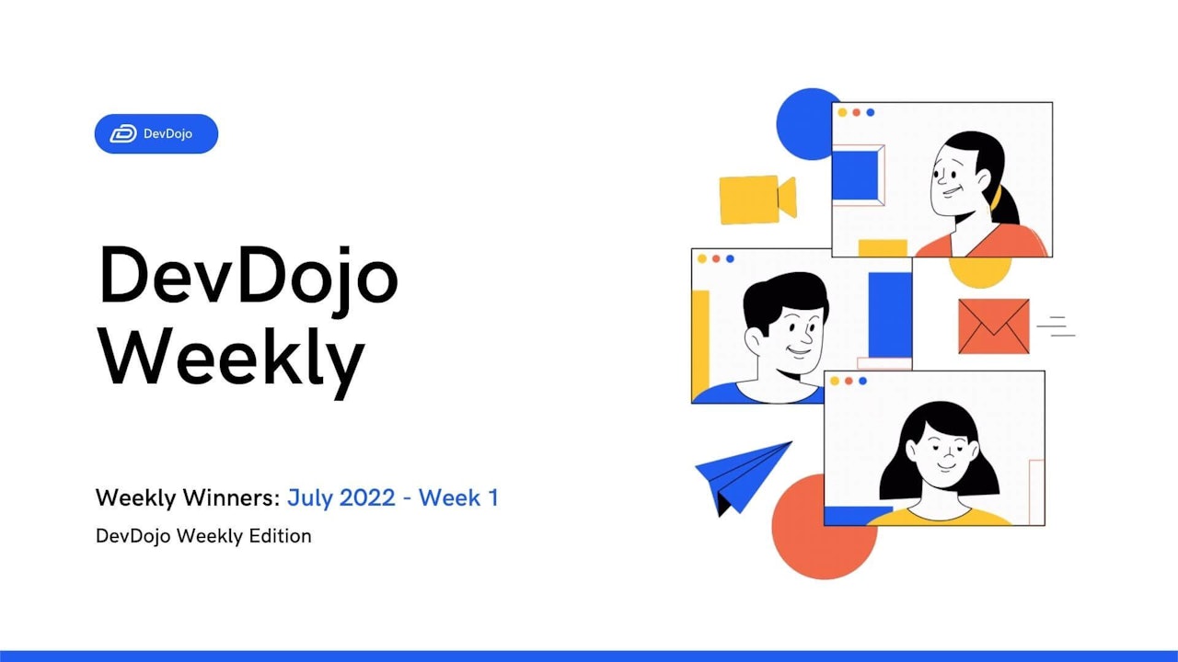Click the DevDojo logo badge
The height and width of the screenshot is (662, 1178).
click(156, 133)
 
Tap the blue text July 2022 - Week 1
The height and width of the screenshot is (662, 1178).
click(392, 498)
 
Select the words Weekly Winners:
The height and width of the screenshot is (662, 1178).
click(188, 498)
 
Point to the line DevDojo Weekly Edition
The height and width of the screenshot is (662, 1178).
click(203, 535)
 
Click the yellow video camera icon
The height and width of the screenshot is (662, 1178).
click(756, 199)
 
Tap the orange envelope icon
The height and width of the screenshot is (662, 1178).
click(993, 326)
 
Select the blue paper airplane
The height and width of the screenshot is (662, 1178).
click(741, 474)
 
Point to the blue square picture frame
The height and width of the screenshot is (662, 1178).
click(856, 175)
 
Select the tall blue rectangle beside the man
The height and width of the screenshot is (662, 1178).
click(889, 314)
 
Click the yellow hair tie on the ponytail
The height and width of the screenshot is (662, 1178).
click(996, 197)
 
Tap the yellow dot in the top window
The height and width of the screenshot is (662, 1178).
click(842, 112)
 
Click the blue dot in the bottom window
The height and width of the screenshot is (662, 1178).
click(862, 381)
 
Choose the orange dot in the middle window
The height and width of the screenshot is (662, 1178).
click(716, 258)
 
